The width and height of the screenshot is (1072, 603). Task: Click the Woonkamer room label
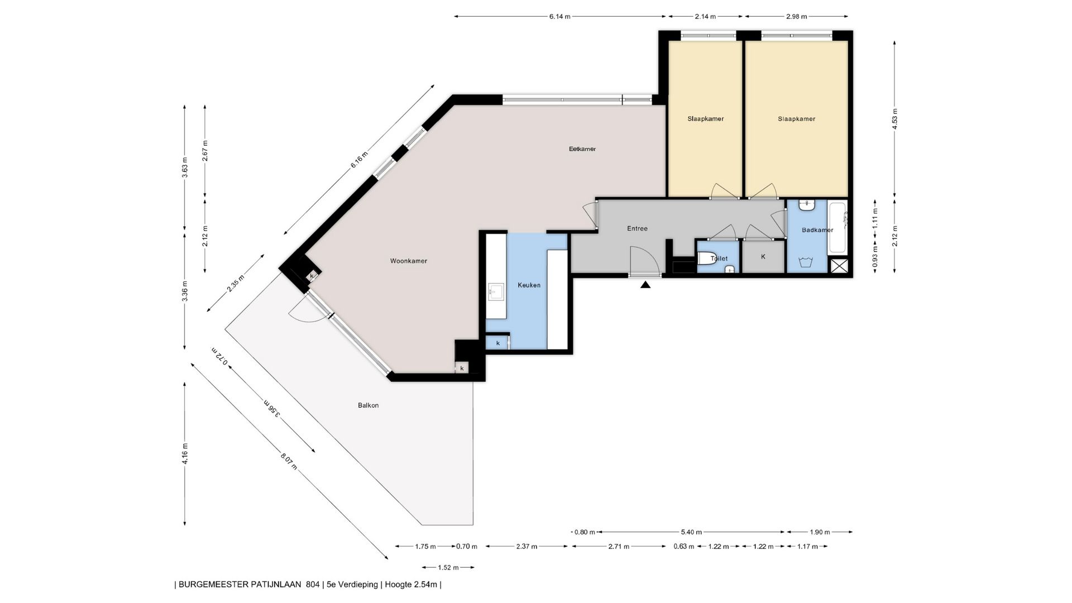408,261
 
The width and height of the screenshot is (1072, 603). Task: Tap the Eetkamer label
582,149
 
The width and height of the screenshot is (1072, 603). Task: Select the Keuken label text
529,285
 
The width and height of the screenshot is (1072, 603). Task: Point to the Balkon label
368,405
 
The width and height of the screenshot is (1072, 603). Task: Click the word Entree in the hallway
637,228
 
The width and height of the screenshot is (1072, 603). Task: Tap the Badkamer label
817,230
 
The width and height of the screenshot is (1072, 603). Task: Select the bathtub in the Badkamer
837,228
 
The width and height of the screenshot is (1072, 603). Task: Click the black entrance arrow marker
645,285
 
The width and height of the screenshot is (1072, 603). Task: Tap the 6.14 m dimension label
559,17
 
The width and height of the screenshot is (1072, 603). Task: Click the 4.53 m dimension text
895,119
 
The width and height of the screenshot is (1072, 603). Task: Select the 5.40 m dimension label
691,532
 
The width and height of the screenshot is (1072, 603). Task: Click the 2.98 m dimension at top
797,17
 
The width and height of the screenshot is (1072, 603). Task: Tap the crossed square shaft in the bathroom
838,266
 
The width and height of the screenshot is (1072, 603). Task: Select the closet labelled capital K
763,257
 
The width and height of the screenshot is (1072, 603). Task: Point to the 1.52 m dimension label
448,568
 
